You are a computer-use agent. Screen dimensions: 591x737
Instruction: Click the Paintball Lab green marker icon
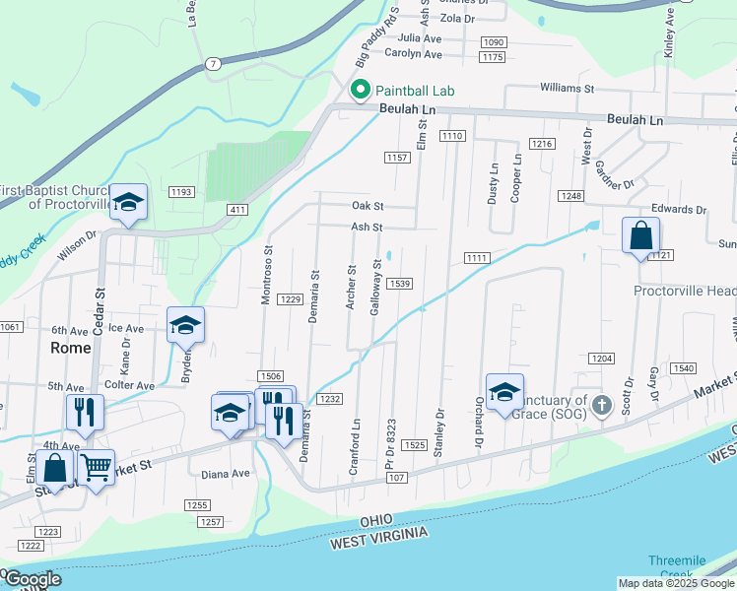click(x=361, y=91)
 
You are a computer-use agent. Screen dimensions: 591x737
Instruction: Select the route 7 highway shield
click(x=213, y=64)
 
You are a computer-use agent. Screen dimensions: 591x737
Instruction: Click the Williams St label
click(x=568, y=88)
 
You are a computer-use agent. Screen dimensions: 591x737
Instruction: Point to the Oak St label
click(x=368, y=207)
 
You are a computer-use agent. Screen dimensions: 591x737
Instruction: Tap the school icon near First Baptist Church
click(x=128, y=203)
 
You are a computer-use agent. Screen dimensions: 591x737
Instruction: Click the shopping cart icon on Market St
click(x=96, y=467)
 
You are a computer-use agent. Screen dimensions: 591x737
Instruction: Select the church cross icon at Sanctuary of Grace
click(x=602, y=405)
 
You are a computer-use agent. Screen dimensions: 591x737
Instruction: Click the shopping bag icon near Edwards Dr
click(x=640, y=235)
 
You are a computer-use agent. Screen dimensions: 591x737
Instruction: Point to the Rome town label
click(x=71, y=348)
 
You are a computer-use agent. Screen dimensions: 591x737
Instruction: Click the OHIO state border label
click(x=382, y=519)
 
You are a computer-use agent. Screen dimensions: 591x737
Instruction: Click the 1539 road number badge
click(x=399, y=284)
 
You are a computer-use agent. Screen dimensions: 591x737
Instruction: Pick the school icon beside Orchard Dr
click(x=504, y=392)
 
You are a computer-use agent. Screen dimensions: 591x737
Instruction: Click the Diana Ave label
click(x=227, y=473)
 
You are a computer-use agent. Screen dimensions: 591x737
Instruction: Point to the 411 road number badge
click(x=235, y=210)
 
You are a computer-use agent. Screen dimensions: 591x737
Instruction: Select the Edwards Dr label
click(x=679, y=210)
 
